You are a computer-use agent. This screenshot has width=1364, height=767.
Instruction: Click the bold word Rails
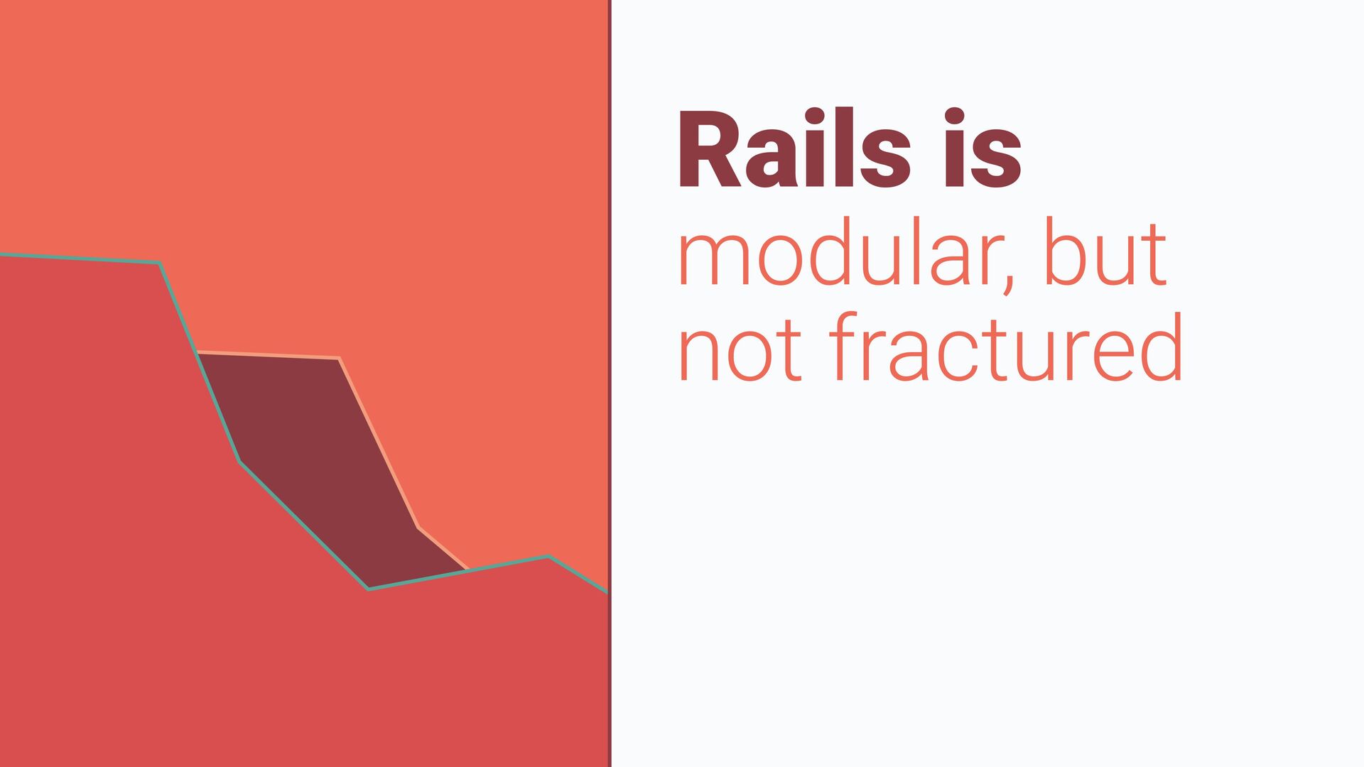click(x=795, y=148)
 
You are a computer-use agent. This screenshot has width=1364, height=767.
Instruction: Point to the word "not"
click(x=740, y=349)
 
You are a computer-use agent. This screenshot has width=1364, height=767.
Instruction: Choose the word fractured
click(x=1005, y=346)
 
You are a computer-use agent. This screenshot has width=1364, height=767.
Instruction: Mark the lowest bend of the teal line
click(x=368, y=589)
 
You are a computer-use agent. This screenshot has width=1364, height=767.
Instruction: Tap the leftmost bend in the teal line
click(x=159, y=263)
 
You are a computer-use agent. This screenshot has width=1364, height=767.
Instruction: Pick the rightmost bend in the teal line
click(x=548, y=557)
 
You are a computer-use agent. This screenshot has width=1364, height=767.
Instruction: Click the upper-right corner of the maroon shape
click(x=339, y=358)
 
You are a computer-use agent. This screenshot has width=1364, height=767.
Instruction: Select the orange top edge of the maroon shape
click(x=268, y=355)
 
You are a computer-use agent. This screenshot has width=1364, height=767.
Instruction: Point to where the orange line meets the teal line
click(x=468, y=570)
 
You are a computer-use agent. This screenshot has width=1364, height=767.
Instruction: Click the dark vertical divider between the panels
click(x=610, y=383)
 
